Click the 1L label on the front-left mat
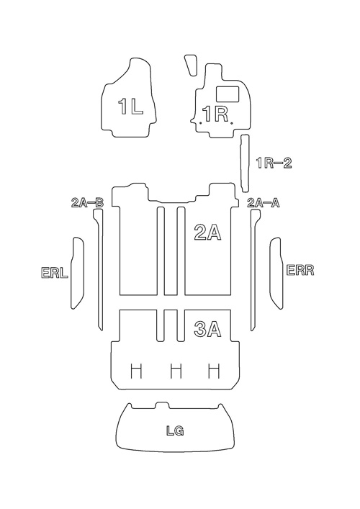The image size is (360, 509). coord(130,107)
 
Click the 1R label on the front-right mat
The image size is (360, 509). coord(215,114)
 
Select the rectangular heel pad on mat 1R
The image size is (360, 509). coord(228,94)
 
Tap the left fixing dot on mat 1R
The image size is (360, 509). coord(201,123)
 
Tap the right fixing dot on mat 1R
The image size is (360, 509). coord(231,123)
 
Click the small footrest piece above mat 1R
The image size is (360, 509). coord(191,65)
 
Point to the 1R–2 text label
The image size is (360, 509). coord(274,163)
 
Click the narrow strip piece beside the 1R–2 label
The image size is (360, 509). coord(245,163)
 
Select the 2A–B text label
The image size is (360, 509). coord(87,203)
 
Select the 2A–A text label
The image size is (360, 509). coord(264,203)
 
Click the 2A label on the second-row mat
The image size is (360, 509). coord(207,233)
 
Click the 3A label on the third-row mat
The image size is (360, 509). coord(207,329)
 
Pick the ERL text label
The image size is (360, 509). coord(55,273)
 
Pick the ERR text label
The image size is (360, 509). coord(300,270)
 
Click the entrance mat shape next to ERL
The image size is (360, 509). coord(77,273)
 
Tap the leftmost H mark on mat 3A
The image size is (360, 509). coord(136,371)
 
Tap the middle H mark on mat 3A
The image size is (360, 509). coord(176,371)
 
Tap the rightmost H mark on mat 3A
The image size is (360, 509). coord(214,371)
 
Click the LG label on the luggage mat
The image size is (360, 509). coord(175,431)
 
